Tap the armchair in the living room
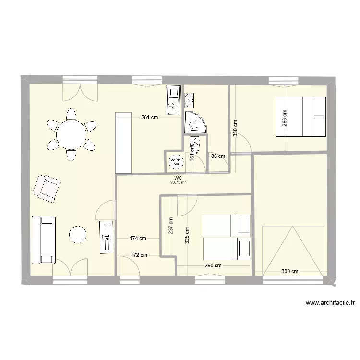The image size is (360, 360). click(47, 187)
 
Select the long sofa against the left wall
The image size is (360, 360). click(43, 240)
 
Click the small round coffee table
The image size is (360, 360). click(78, 235)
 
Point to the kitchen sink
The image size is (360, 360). click(172, 100)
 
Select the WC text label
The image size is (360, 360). click(178, 178)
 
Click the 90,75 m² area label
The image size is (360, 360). click(178, 182)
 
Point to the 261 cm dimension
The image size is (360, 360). click(149, 117)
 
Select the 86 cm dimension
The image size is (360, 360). click(217, 156)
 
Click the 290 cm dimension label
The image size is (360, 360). click(213, 266)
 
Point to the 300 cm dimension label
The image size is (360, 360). click(289, 272)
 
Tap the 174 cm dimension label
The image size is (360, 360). click(138, 238)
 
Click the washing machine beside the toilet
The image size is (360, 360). click(175, 162)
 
